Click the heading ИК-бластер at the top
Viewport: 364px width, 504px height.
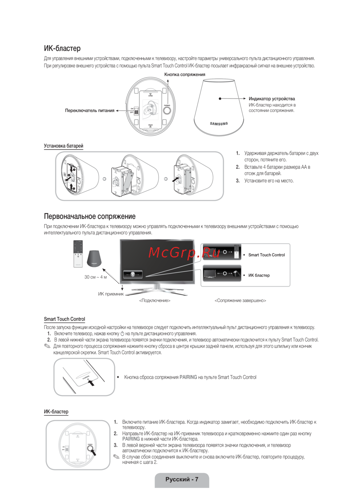62,48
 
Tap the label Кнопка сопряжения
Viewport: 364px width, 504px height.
185,74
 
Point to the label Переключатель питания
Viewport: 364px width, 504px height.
90,110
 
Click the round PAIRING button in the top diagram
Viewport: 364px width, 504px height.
167,110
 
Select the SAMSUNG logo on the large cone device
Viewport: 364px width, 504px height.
219,124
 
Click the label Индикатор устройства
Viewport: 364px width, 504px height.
272,99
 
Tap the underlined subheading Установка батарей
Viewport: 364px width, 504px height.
63,146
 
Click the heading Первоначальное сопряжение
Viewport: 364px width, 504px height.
90,216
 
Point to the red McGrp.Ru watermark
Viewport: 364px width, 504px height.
184,252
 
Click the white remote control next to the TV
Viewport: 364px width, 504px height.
78,254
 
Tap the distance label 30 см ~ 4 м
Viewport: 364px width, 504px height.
95,277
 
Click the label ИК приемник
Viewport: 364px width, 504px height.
111,294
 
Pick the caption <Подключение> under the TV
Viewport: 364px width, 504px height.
155,300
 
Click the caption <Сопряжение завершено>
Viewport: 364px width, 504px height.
240,300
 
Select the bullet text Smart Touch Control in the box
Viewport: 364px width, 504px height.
266,255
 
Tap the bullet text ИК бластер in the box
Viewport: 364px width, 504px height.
259,275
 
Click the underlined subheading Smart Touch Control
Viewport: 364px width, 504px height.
64,319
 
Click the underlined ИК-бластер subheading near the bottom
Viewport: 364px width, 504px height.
56,412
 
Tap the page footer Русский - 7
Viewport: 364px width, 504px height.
182,479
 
